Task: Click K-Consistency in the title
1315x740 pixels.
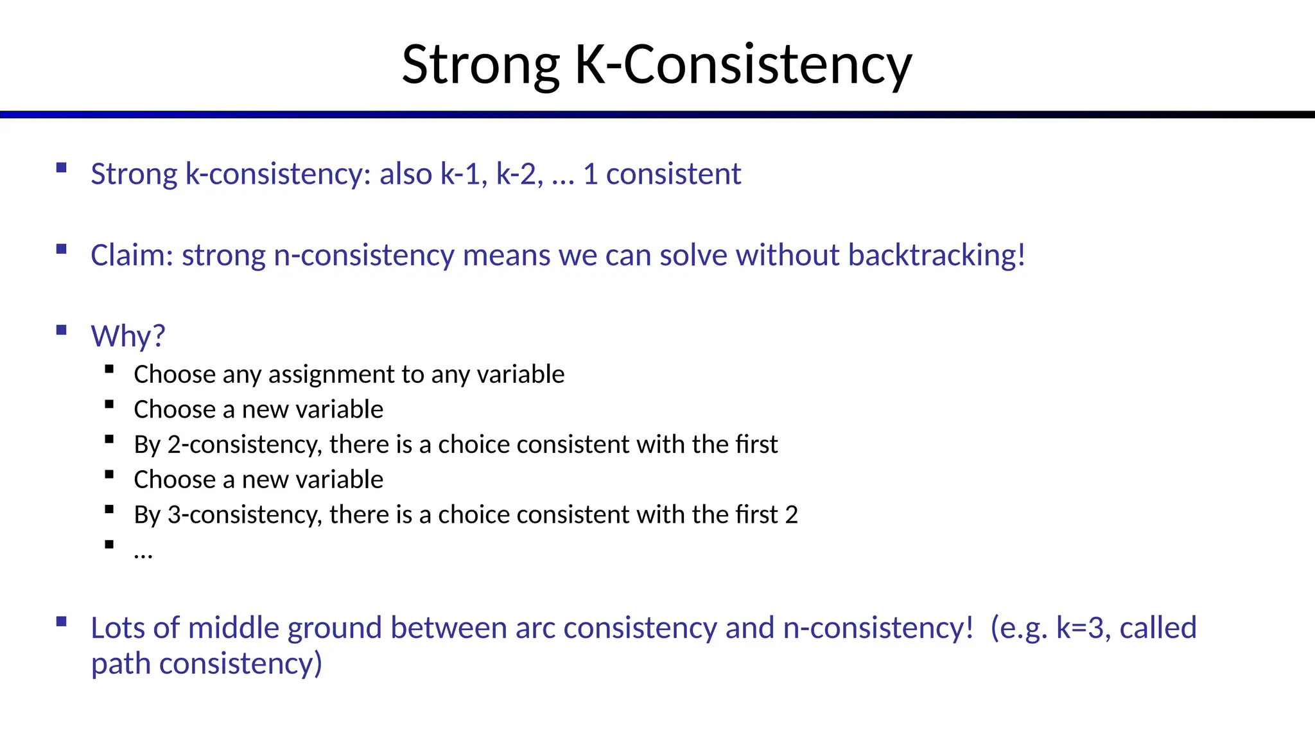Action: [743, 64]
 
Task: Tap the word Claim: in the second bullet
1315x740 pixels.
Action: [132, 255]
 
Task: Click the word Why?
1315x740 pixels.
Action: [128, 336]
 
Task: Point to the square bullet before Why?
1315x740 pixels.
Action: [62, 331]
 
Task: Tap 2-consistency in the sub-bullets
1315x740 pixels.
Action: [245, 445]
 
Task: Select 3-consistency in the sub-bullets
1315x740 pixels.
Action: [245, 515]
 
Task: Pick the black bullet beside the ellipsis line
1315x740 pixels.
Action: [109, 545]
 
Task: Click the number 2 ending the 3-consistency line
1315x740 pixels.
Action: [791, 515]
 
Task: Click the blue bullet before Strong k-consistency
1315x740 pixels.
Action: [62, 168]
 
